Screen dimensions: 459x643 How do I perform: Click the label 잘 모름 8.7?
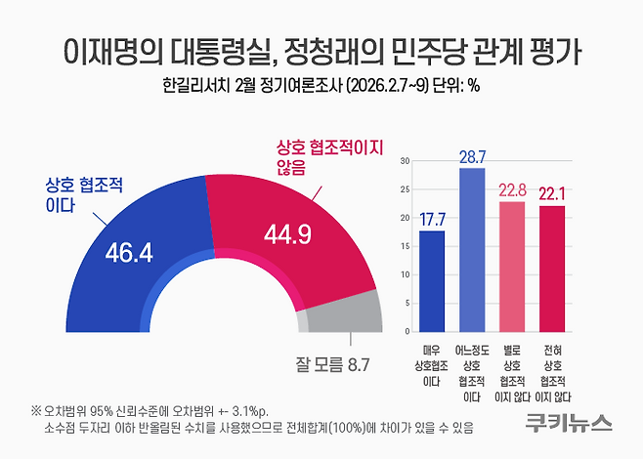coord(332,365)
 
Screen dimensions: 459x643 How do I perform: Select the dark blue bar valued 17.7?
coord(431,279)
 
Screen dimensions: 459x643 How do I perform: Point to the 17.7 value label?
coord(431,219)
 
